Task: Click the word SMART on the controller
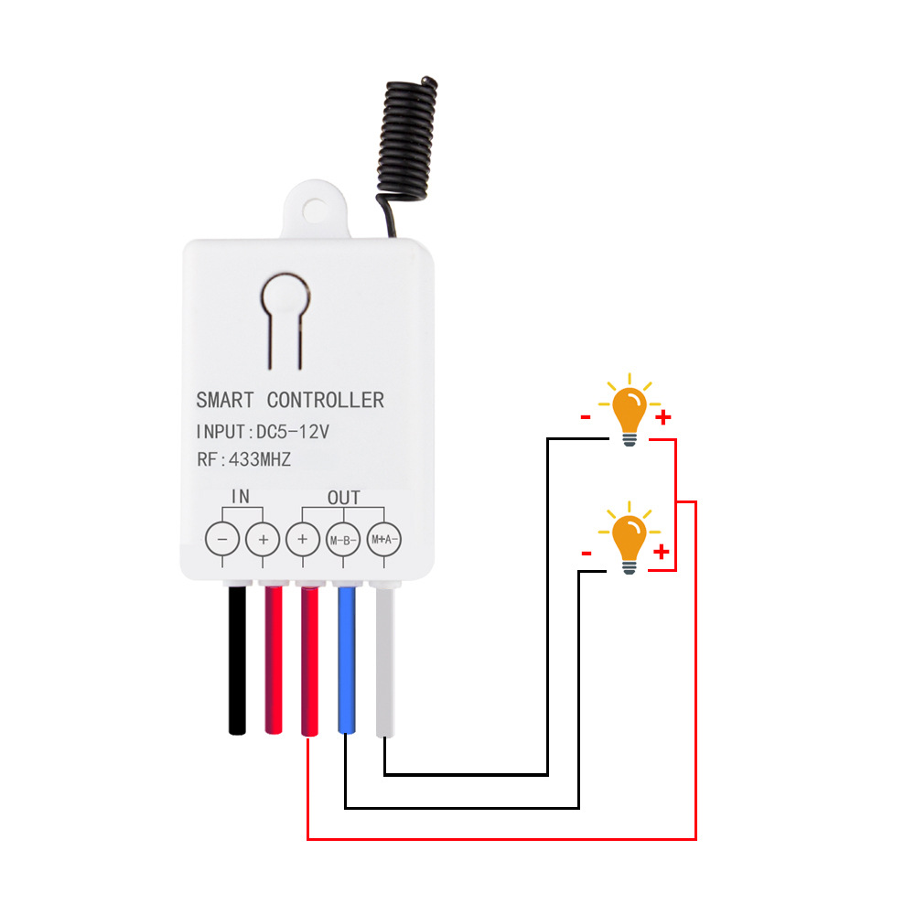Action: [x=226, y=400]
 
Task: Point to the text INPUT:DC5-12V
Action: [x=262, y=431]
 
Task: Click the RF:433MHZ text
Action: [x=242, y=460]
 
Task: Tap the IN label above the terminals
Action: [x=241, y=497]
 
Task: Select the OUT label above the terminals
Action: [x=343, y=498]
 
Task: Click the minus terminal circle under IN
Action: [x=222, y=540]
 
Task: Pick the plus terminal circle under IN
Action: [x=263, y=540]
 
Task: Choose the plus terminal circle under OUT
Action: [x=303, y=540]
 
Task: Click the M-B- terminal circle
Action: [x=343, y=540]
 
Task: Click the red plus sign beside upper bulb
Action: [x=663, y=418]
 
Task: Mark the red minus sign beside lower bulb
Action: [x=587, y=554]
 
